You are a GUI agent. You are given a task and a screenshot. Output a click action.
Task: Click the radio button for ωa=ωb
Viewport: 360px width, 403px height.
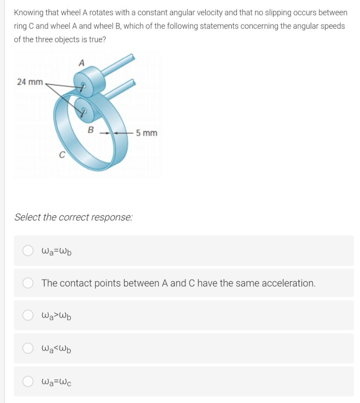(x=28, y=250)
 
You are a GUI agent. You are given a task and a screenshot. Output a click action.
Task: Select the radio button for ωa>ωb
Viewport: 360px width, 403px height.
(x=28, y=315)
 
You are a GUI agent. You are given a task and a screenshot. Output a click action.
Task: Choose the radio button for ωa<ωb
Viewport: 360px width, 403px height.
(x=28, y=348)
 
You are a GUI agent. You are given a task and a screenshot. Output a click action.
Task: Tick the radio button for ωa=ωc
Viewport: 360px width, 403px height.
(x=28, y=381)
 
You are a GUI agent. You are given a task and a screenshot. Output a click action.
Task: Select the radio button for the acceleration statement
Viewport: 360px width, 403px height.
(x=28, y=283)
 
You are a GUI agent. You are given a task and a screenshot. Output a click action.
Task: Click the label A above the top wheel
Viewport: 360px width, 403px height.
(x=82, y=63)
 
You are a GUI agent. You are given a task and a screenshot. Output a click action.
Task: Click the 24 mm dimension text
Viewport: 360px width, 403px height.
(x=30, y=82)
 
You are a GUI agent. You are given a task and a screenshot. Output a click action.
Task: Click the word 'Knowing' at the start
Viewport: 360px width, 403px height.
(x=28, y=13)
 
